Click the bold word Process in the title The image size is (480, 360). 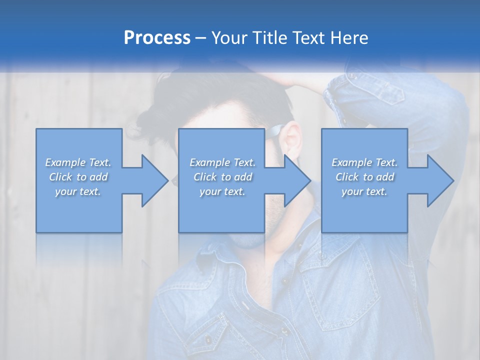pyautogui.click(x=157, y=37)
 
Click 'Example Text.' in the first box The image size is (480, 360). pyautogui.click(x=78, y=162)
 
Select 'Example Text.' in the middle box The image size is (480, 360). pyautogui.click(x=222, y=162)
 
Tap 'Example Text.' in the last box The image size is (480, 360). pyautogui.click(x=364, y=162)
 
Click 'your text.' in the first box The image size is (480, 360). pyautogui.click(x=78, y=191)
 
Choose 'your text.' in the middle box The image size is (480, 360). pyautogui.click(x=222, y=191)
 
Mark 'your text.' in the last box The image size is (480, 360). pyautogui.click(x=364, y=191)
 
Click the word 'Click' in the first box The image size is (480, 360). pyautogui.click(x=60, y=177)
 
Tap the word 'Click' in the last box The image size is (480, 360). pyautogui.click(x=347, y=177)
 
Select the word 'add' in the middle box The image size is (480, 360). pyautogui.click(x=243, y=177)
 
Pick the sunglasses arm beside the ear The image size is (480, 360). pyautogui.click(x=275, y=131)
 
